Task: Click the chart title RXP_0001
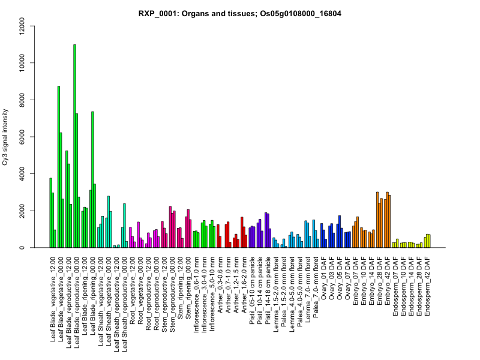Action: point(240,13)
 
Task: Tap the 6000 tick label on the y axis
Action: point(22,137)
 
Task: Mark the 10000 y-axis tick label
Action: point(22,63)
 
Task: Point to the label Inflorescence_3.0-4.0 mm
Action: point(205,287)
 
